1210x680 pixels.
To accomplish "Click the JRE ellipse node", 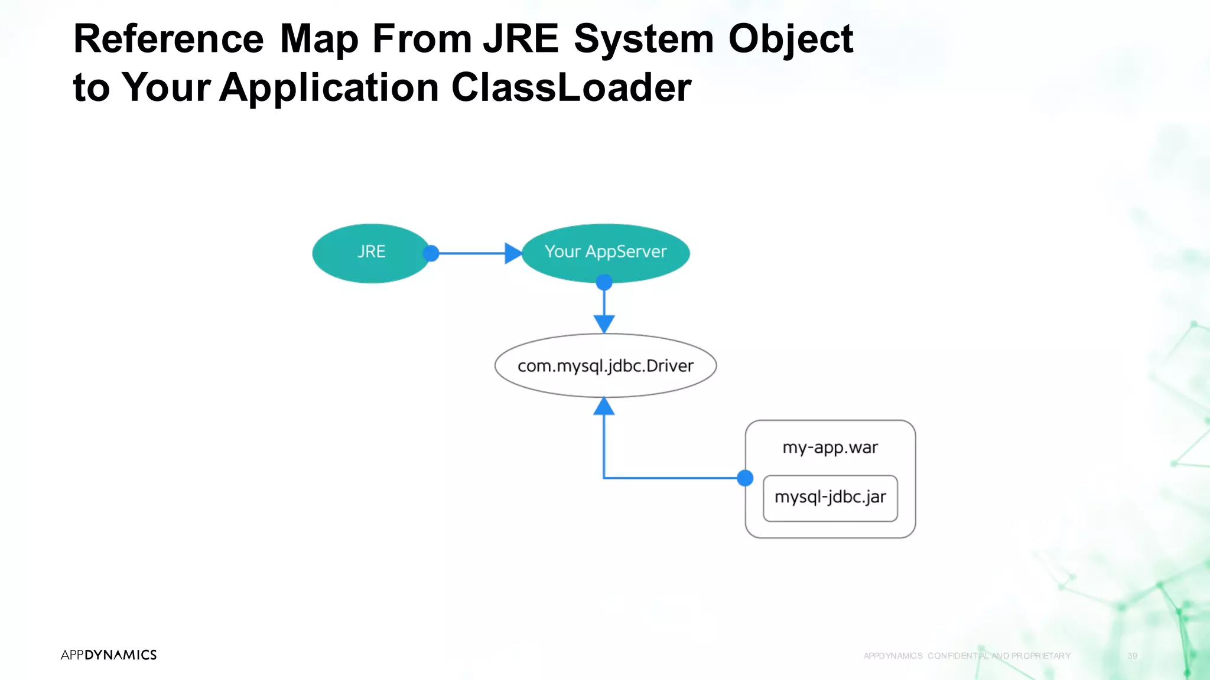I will point(371,253).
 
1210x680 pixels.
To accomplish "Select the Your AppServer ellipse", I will point(606,252).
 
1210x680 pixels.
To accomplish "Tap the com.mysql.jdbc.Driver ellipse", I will point(606,366).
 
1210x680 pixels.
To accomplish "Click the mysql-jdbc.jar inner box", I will point(830,498).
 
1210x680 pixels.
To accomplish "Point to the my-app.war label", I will point(830,447).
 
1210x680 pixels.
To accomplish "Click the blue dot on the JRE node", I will point(431,253).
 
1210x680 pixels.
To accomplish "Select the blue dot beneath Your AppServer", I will point(604,282).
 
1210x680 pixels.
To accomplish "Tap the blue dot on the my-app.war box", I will point(745,478).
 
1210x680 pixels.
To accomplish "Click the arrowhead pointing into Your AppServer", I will point(513,253).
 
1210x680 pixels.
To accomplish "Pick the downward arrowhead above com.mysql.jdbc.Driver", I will point(604,323).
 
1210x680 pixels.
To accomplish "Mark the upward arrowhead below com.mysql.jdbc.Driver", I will point(604,407).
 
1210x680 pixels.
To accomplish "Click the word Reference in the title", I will point(168,39).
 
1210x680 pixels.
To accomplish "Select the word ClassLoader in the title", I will point(571,87).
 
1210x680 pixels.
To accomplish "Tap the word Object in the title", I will point(791,39).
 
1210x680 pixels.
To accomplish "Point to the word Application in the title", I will point(329,87).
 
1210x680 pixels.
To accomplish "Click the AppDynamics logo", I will point(109,655).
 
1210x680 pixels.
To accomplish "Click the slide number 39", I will point(1132,656).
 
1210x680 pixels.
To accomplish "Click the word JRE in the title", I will point(521,39).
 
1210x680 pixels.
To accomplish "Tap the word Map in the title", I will point(319,39).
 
